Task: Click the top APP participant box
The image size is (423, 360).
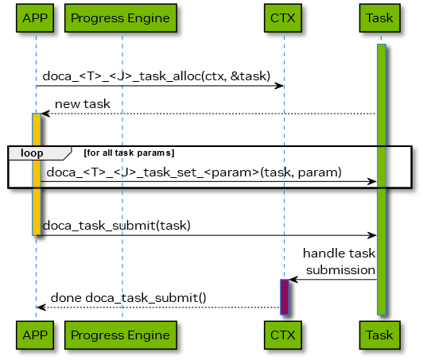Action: [x=36, y=17]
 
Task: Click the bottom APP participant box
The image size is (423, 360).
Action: [x=36, y=335]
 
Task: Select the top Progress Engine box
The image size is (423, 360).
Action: [x=120, y=17]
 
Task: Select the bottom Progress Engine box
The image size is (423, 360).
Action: [x=120, y=335]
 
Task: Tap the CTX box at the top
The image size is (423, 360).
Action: [x=283, y=17]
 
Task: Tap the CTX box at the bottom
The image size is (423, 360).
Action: [x=283, y=335]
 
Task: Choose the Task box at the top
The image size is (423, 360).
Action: [x=379, y=17]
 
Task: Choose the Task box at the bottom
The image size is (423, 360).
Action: [x=379, y=335]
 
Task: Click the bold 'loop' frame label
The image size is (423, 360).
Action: [x=32, y=153]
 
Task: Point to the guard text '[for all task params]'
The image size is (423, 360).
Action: [x=129, y=152]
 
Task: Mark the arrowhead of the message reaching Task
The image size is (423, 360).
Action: [x=372, y=182]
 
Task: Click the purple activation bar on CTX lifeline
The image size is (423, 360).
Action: [x=284, y=296]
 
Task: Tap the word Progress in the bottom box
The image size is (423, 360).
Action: [x=96, y=335]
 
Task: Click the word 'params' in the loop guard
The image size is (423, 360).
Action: [x=158, y=152]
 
